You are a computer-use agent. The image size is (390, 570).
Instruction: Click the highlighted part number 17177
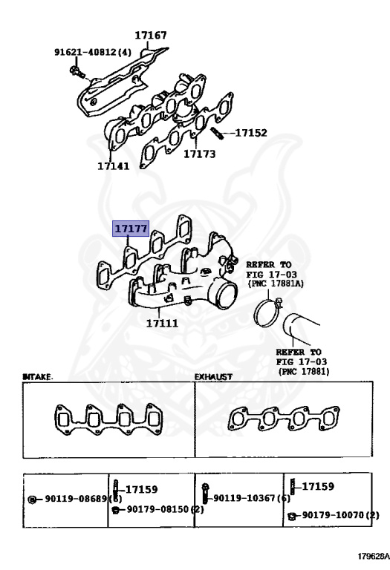[131, 229]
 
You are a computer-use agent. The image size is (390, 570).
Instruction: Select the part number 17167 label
[151, 35]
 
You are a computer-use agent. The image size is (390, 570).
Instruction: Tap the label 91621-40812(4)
[92, 53]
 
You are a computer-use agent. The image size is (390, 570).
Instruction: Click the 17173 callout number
[199, 154]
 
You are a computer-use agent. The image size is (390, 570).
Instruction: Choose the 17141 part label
[113, 166]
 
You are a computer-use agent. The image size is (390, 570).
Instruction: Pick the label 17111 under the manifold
[161, 323]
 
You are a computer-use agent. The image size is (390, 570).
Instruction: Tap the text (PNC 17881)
[304, 370]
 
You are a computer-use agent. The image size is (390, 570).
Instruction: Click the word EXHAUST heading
[213, 377]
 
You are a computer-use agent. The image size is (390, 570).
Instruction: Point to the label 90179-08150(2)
[165, 509]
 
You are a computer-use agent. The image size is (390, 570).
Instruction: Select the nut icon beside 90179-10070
[292, 515]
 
